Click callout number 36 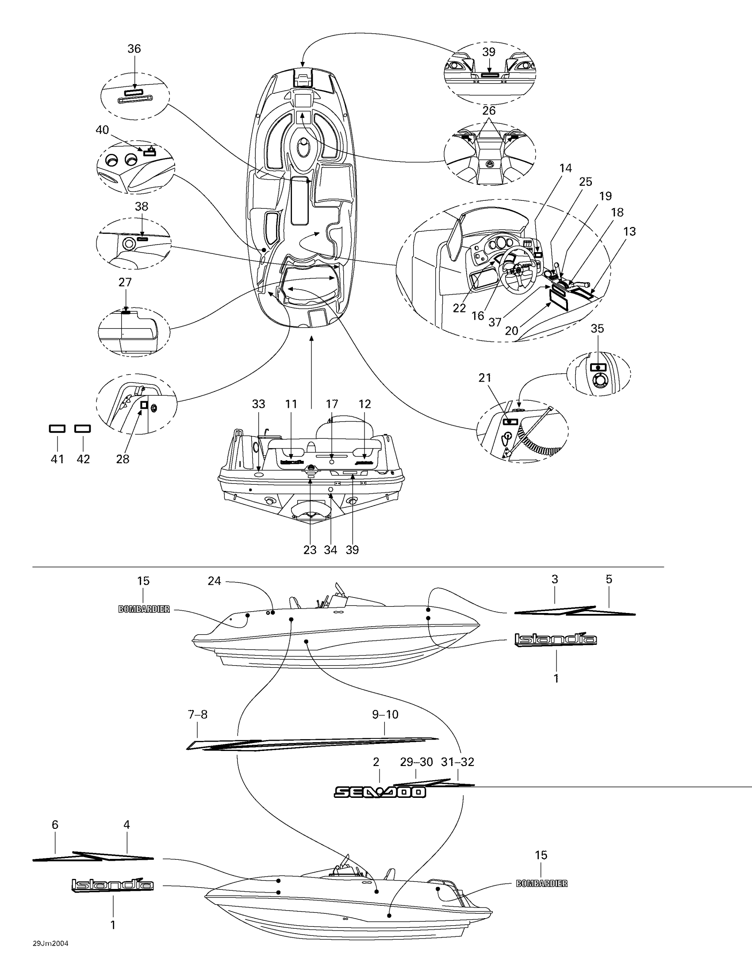134,49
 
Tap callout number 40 102,130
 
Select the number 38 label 142,207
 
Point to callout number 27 125,282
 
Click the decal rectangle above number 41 57,429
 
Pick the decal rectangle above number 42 82,429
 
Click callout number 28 123,460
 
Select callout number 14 565,169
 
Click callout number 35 597,328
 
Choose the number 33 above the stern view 258,404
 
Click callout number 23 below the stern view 310,550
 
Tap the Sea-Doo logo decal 380,791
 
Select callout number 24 214,581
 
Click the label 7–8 198,715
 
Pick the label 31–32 457,762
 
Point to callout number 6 55,825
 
